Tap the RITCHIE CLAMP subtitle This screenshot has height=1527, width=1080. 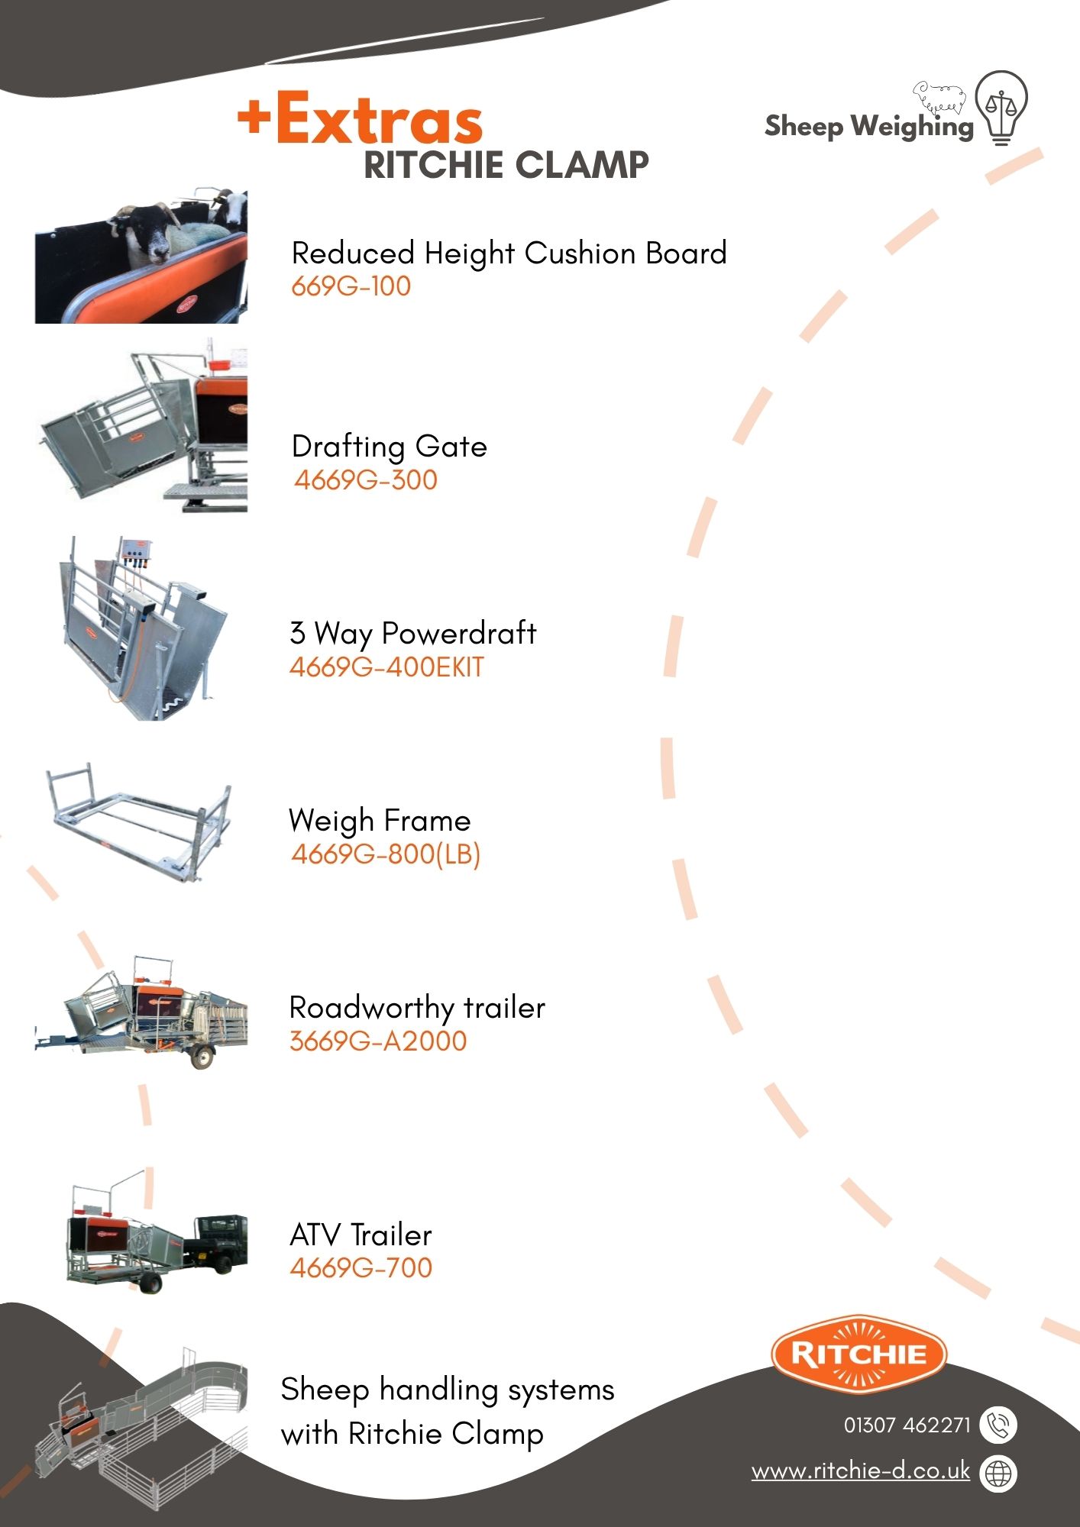[x=506, y=165]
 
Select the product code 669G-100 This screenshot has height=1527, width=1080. [x=351, y=286]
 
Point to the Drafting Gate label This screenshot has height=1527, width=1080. [x=390, y=447]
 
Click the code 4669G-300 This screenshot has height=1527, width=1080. [x=366, y=480]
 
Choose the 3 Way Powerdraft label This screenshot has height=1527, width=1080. [x=413, y=634]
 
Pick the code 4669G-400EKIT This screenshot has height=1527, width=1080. [x=386, y=667]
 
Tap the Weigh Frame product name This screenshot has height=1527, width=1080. [x=380, y=821]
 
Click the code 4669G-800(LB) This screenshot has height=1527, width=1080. [x=386, y=854]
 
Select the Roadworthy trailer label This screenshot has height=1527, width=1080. [x=417, y=1008]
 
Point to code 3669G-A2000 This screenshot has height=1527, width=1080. [x=378, y=1041]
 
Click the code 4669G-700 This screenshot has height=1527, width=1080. [x=361, y=1268]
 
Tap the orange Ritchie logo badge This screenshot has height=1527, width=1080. [x=859, y=1354]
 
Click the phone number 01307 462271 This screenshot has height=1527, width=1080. [x=907, y=1425]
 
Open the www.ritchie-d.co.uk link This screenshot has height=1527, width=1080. [x=861, y=1471]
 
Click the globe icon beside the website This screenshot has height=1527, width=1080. [x=998, y=1473]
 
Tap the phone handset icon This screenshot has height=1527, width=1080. [x=998, y=1425]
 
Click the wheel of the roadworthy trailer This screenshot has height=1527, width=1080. [x=202, y=1057]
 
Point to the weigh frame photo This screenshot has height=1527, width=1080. [x=137, y=822]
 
